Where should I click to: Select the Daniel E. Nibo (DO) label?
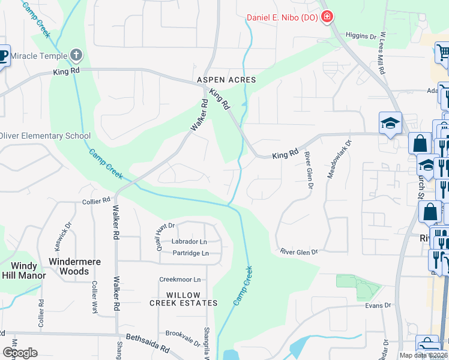click(x=282, y=17)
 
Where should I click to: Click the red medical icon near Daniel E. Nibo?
click(x=327, y=17)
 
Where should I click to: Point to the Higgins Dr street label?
click(x=361, y=36)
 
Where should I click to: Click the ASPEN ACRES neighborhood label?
click(x=226, y=80)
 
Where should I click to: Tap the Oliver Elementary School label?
click(x=46, y=136)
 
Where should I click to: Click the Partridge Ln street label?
click(x=190, y=253)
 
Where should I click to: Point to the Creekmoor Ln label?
click(x=179, y=280)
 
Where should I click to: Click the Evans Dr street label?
click(x=378, y=305)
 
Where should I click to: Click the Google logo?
click(x=19, y=352)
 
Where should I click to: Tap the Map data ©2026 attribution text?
click(x=423, y=355)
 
